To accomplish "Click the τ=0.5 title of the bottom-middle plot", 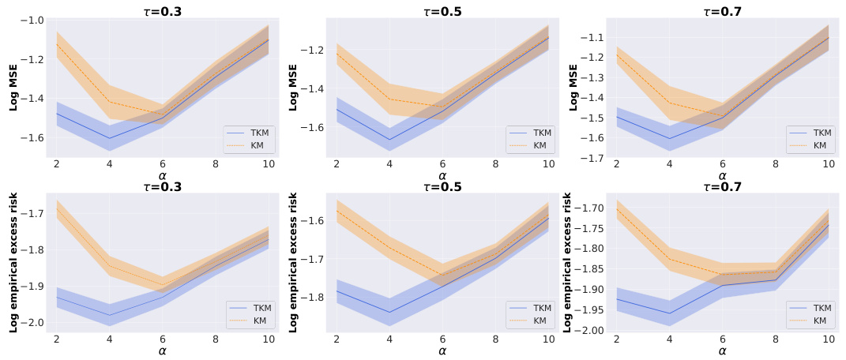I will pyautogui.click(x=442, y=187).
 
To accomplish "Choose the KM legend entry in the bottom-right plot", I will pyautogui.click(x=815, y=321).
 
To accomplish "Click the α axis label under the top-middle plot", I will pyautogui.click(x=442, y=175).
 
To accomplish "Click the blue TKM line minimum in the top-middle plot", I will pyautogui.click(x=389, y=140).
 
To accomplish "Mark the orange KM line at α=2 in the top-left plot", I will pyautogui.click(x=57, y=45).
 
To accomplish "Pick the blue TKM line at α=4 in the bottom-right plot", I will pyautogui.click(x=670, y=313).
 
